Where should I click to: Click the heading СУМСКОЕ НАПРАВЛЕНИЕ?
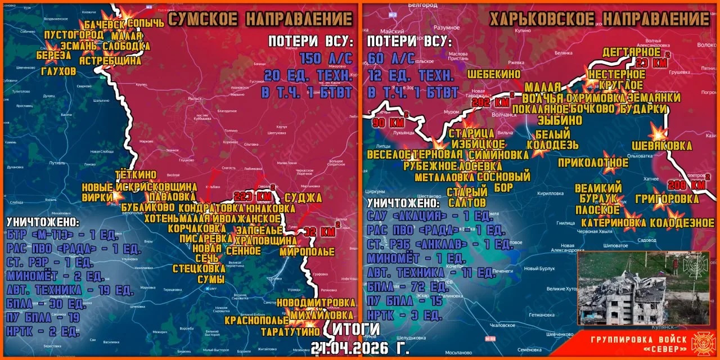point(260,19)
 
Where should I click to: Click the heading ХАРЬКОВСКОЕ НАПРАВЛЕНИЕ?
point(599,19)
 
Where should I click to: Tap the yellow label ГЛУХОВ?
point(58,71)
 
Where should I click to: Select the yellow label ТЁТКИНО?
point(136,175)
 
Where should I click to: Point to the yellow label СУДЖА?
point(303,197)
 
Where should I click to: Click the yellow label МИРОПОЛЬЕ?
point(307,251)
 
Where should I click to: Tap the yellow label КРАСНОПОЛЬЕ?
point(256,321)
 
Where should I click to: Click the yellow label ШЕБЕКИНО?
point(494,74)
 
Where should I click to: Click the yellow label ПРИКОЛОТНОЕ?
point(593,163)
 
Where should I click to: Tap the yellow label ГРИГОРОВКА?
point(667,199)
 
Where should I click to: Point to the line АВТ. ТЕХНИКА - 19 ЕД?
point(70,290)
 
